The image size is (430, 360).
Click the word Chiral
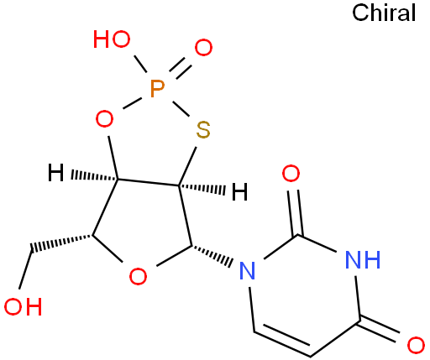(384, 13)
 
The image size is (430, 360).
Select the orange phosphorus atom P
(157, 89)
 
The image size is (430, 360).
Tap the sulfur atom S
(203, 130)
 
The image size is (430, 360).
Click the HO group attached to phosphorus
(112, 39)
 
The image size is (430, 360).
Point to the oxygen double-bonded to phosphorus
(203, 47)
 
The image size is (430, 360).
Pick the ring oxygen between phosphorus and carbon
(104, 118)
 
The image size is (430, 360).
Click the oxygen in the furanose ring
(138, 276)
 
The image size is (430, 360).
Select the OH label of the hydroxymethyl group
(23, 306)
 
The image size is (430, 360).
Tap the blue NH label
(363, 259)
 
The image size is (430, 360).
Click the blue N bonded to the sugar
(248, 270)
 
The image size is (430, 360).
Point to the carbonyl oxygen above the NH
(291, 173)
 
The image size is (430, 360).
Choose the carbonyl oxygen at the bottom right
(416, 345)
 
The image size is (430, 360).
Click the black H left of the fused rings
(55, 173)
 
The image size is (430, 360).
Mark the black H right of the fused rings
(240, 191)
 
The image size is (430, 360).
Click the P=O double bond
(181, 69)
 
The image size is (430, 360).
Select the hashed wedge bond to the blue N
(212, 256)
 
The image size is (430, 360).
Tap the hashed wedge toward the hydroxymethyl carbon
(61, 243)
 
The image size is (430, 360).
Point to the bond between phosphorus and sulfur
(181, 108)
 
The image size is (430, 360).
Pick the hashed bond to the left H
(95, 176)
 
